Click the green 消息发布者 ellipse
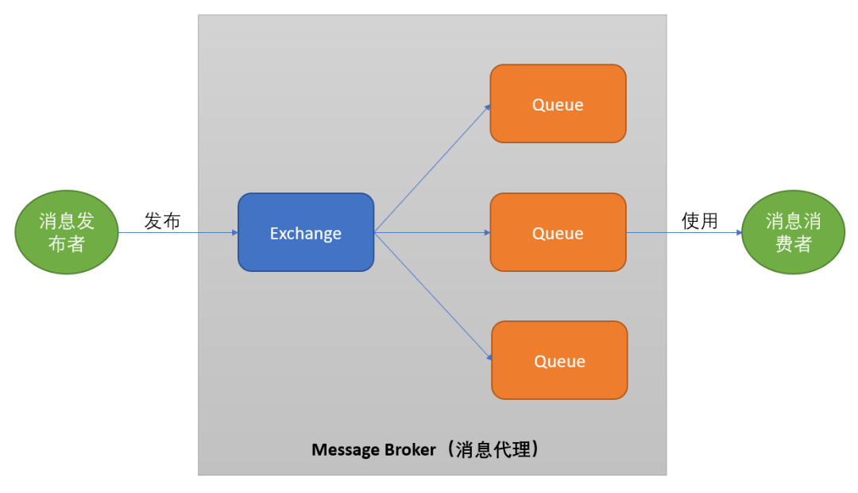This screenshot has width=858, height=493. tap(67, 232)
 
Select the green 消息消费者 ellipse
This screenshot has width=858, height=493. tap(793, 232)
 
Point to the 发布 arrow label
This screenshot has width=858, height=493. tap(162, 222)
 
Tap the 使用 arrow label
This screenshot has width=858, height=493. tap(699, 222)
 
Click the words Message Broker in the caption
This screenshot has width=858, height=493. tap(373, 449)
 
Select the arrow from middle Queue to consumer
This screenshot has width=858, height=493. tap(683, 233)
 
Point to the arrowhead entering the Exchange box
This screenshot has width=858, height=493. tap(234, 233)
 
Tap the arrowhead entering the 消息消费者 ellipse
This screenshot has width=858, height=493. tap(739, 233)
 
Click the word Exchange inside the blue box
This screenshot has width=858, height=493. tap(306, 234)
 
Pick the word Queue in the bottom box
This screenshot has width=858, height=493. tap(559, 362)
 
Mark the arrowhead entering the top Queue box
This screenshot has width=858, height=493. tap(487, 107)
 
